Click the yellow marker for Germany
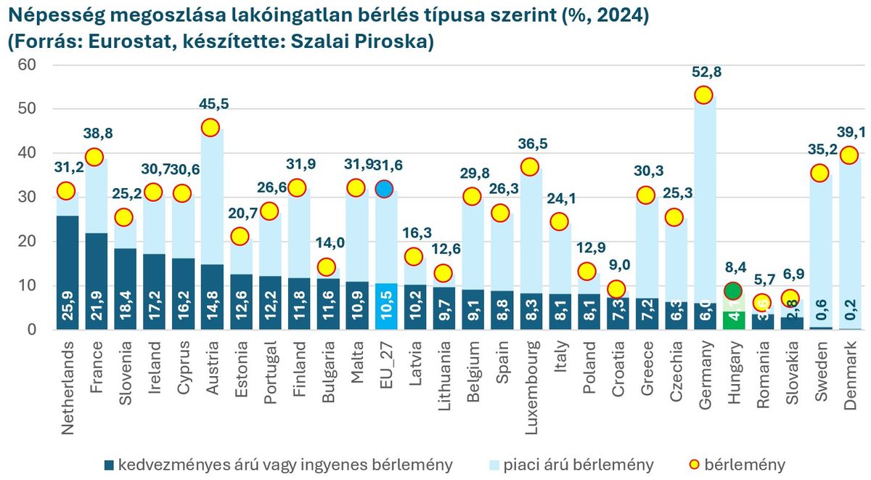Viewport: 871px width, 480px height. (x=703, y=95)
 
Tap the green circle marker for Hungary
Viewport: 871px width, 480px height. (x=732, y=291)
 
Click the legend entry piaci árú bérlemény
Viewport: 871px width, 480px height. (x=566, y=464)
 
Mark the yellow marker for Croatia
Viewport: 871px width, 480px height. (x=616, y=289)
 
